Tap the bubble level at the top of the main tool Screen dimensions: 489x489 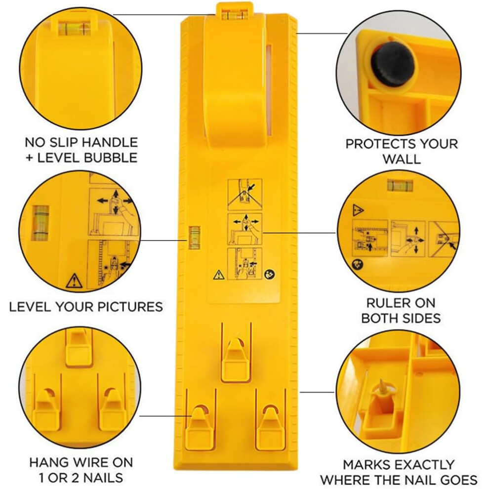point(235,15)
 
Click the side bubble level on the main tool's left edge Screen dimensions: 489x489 point(194,238)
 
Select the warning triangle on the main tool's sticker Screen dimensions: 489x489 point(219,275)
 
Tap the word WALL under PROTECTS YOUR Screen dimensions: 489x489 point(402,159)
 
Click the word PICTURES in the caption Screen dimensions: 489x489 point(130,307)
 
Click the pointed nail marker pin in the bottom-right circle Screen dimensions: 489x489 point(382,387)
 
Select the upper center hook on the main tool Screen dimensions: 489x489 point(236,359)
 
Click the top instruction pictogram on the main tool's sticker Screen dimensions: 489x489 point(245,195)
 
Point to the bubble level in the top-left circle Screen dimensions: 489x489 point(74,28)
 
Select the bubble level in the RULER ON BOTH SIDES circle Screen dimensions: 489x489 point(400,185)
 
